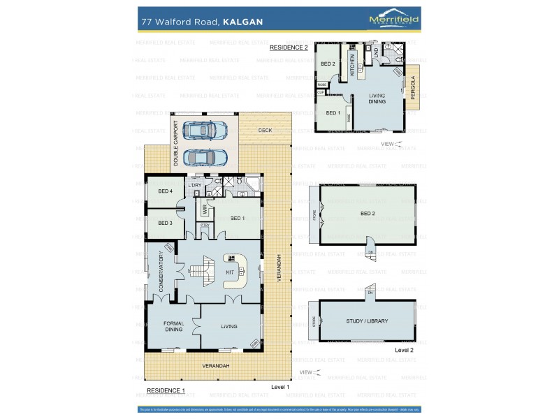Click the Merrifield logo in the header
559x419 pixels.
393,21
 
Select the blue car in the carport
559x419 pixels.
205,130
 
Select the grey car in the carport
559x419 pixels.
205,157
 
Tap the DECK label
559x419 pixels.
265,130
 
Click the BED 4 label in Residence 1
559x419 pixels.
165,191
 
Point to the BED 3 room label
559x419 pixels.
165,223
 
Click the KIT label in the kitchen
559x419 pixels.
229,272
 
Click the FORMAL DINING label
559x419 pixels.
173,326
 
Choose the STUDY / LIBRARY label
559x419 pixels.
366,321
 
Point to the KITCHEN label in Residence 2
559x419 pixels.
352,65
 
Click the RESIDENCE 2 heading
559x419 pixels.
289,47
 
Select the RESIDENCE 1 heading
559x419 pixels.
166,390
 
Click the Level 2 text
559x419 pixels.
404,349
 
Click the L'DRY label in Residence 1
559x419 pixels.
194,184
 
